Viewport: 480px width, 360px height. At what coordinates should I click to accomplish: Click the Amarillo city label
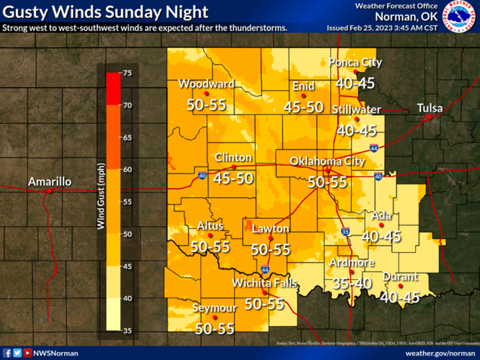[x=50, y=181]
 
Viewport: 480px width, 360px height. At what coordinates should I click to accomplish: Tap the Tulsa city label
[x=430, y=108]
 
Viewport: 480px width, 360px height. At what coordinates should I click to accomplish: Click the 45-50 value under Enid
[x=303, y=107]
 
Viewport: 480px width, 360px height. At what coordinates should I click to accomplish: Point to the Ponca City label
[x=355, y=62]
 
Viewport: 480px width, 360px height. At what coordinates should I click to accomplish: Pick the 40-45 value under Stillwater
[x=357, y=130]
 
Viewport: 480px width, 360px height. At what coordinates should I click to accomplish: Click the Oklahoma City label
[x=327, y=161]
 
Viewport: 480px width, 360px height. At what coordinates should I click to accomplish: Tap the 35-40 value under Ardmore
[x=351, y=283]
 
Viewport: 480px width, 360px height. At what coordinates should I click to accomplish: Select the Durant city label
[x=400, y=276]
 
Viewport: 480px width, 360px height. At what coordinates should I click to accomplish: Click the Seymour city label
[x=215, y=308]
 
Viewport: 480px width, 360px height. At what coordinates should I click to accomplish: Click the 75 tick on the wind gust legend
[x=126, y=73]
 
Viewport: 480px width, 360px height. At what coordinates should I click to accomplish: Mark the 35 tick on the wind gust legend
[x=126, y=330]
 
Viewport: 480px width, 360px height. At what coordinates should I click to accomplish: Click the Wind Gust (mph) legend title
[x=102, y=197]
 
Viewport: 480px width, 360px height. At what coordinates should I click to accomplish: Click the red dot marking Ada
[x=382, y=225]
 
